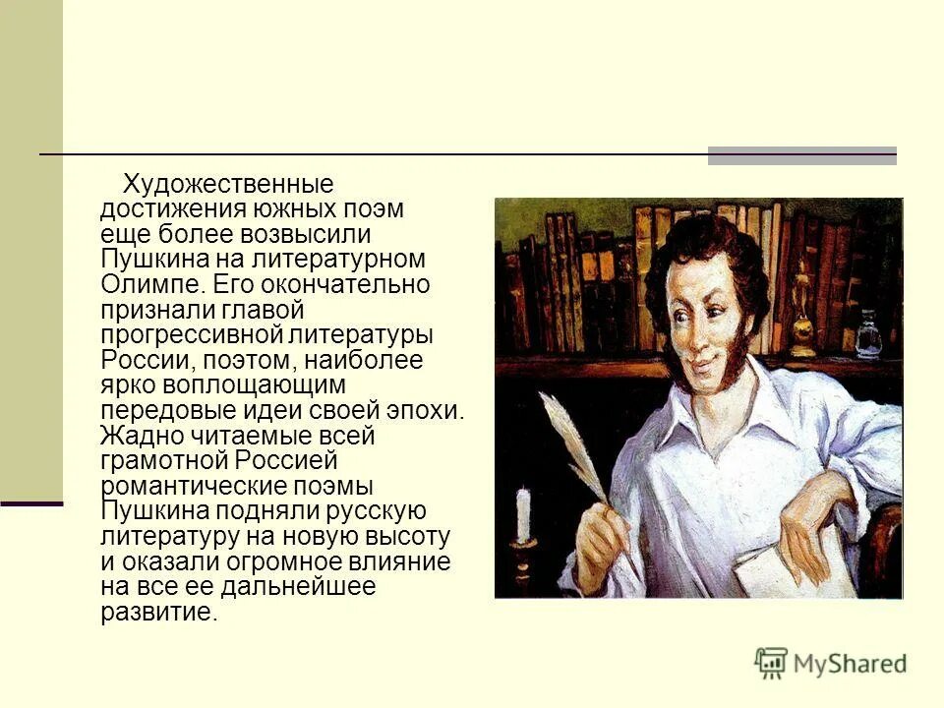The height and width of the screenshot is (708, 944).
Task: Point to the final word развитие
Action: (x=157, y=612)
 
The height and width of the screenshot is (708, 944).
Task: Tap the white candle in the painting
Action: (x=524, y=514)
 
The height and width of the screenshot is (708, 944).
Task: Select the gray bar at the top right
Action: (x=801, y=155)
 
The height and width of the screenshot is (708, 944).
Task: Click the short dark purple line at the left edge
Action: (x=31, y=503)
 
